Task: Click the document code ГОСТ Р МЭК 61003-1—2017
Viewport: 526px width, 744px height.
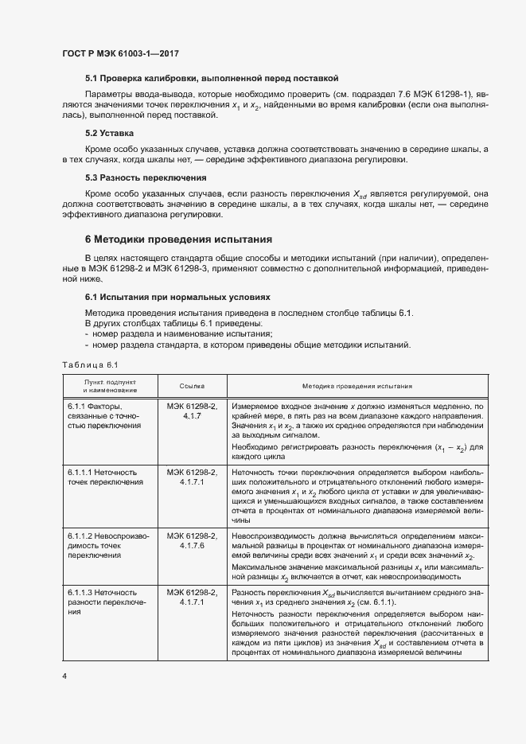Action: [119, 53]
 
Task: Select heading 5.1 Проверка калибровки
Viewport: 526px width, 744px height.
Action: [212, 78]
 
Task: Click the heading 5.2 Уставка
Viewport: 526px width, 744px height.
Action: [109, 133]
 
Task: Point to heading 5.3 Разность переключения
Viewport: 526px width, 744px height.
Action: [146, 177]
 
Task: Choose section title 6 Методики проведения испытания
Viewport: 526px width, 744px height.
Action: [178, 238]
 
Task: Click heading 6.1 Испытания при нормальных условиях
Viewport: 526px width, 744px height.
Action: [171, 297]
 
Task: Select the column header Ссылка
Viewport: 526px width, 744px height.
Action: [192, 386]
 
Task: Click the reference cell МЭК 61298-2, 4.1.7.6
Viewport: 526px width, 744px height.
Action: [192, 540]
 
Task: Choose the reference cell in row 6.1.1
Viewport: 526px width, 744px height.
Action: [192, 411]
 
